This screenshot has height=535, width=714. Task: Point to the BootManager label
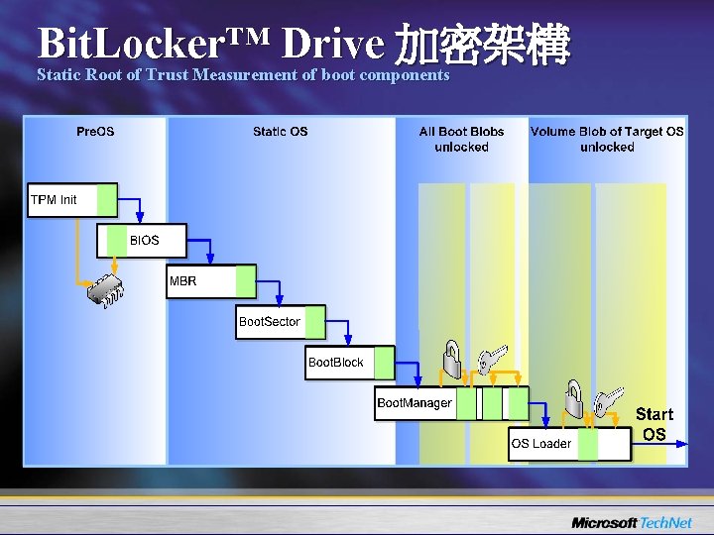click(415, 403)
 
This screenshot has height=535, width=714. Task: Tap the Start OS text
click(654, 424)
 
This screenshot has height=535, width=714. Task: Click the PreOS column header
click(95, 132)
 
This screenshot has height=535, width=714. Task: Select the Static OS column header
click(281, 132)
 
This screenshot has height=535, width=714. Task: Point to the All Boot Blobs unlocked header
click(461, 139)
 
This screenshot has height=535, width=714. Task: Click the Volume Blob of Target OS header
click(607, 139)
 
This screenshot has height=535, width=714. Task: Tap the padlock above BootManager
click(451, 359)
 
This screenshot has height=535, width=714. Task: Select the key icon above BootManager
click(492, 359)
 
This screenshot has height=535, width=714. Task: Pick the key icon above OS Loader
click(612, 398)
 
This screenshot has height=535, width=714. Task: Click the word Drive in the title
click(331, 43)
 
